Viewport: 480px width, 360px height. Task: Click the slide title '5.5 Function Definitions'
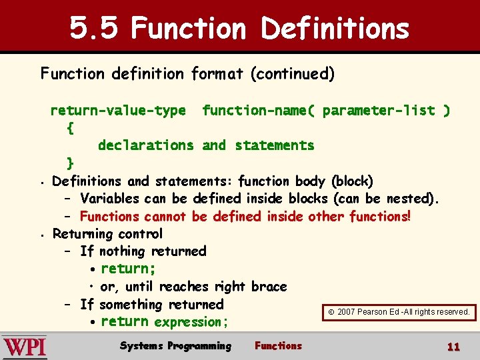239,29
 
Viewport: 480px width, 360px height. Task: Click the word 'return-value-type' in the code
118,111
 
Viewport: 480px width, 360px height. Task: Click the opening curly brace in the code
71,128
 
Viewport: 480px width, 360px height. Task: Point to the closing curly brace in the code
71,163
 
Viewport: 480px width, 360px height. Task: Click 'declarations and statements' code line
205,145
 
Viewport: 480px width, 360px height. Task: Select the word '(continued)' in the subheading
292,73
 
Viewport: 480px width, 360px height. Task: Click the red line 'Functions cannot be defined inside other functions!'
245,217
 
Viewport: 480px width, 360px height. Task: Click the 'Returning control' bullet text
107,234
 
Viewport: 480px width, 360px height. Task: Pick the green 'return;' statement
128,269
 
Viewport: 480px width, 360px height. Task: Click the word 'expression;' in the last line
191,323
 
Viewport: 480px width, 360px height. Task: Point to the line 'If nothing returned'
143,251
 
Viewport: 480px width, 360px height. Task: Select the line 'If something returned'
151,305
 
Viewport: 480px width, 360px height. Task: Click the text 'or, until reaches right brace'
193,287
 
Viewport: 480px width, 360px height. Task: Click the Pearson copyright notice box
399,311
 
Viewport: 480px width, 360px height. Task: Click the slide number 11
453,347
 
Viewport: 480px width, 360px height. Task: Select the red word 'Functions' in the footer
278,346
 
